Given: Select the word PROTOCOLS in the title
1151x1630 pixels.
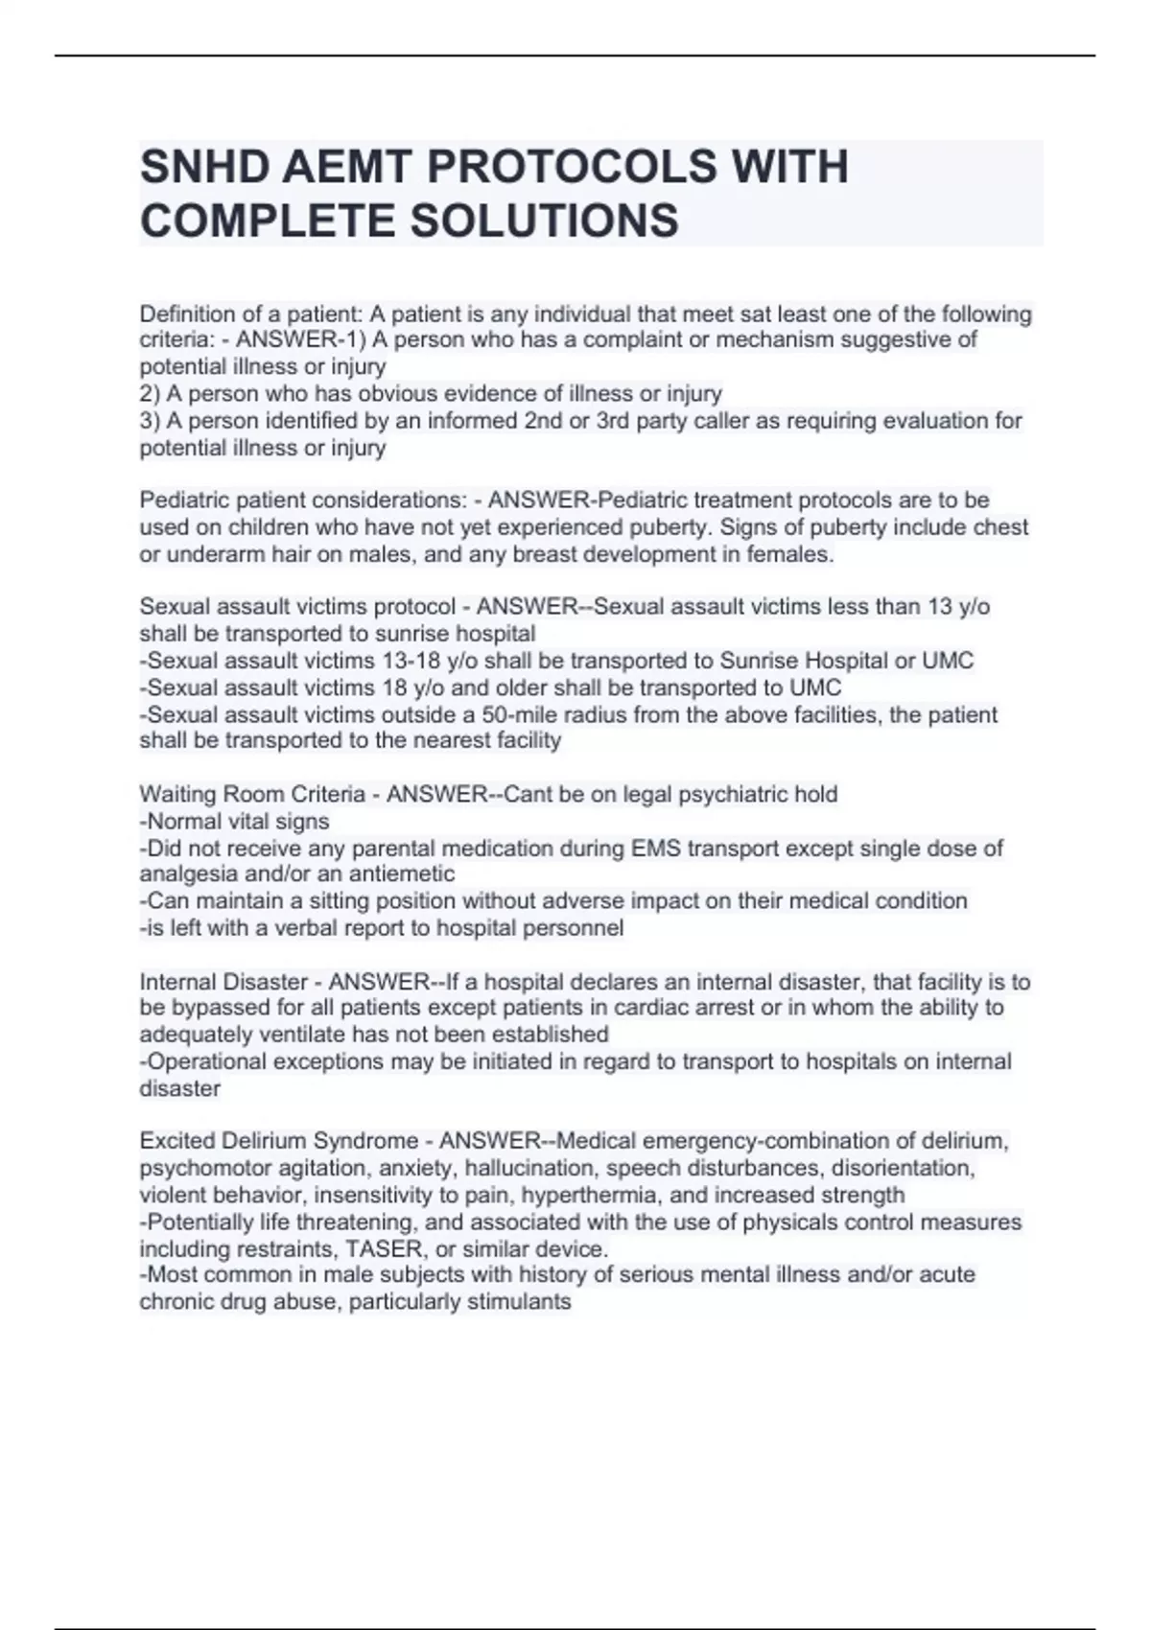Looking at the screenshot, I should coord(571,167).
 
